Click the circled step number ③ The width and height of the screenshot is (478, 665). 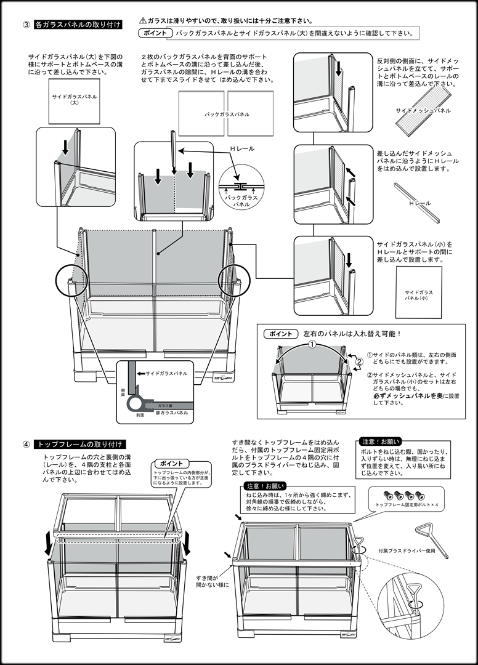[26, 25]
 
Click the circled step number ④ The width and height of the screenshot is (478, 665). [26, 444]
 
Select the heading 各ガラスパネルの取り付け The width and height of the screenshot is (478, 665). [78, 25]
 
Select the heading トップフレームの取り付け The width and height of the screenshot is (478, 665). [81, 444]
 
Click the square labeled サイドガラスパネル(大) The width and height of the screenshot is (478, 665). [74, 100]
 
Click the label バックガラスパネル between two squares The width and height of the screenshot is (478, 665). [227, 115]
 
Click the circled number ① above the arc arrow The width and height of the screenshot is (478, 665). [312, 344]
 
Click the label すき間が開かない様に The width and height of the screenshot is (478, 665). [212, 581]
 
